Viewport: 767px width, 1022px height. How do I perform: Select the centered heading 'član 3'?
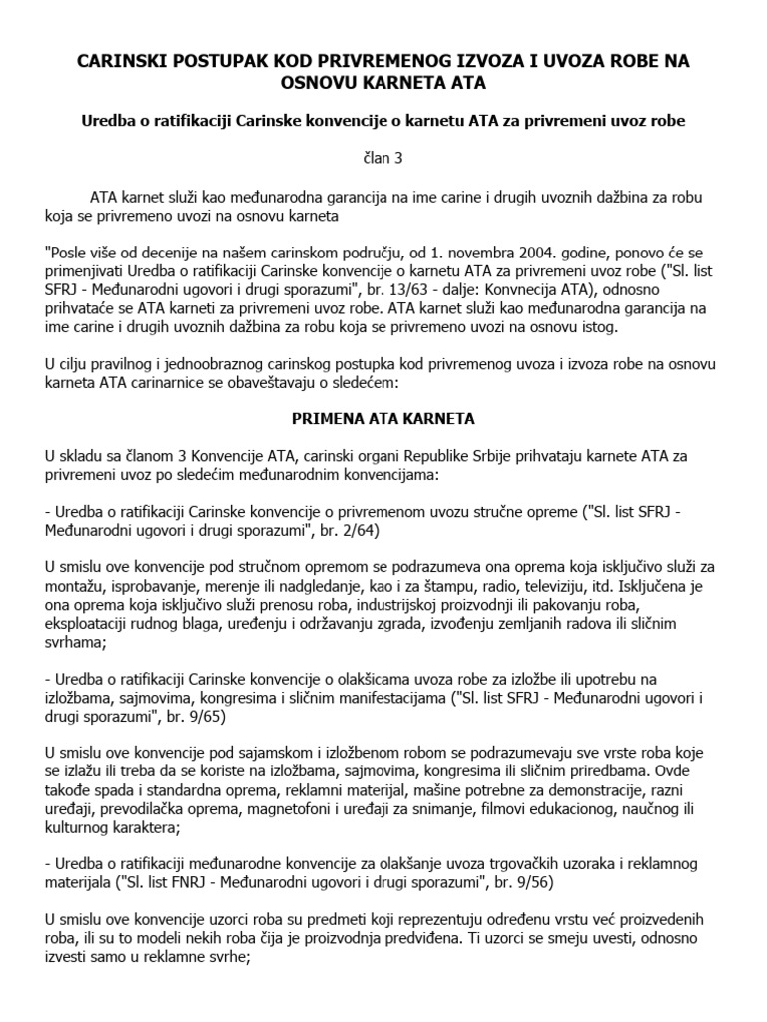[383, 158]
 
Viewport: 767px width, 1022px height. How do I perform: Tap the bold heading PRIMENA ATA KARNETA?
[383, 416]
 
